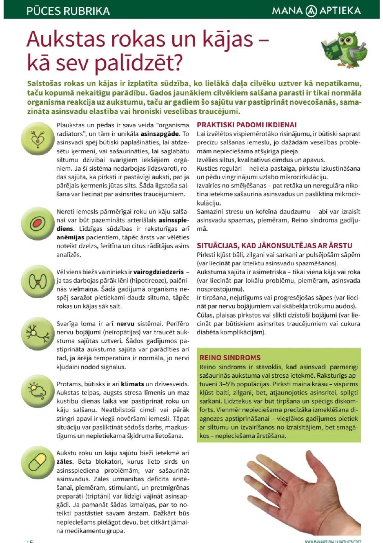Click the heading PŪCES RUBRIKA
pyautogui.click(x=68, y=11)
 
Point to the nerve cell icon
pyautogui.click(x=38, y=334)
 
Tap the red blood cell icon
pyautogui.click(x=38, y=223)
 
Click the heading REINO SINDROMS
pyautogui.click(x=230, y=357)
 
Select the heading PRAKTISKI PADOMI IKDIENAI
pyautogui.click(x=247, y=125)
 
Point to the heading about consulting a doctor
pyautogui.click(x=274, y=245)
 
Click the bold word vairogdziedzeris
pyautogui.click(x=159, y=272)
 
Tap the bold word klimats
pyautogui.click(x=133, y=384)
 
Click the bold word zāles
pyautogui.click(x=64, y=462)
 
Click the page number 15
pyautogui.click(x=30, y=541)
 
